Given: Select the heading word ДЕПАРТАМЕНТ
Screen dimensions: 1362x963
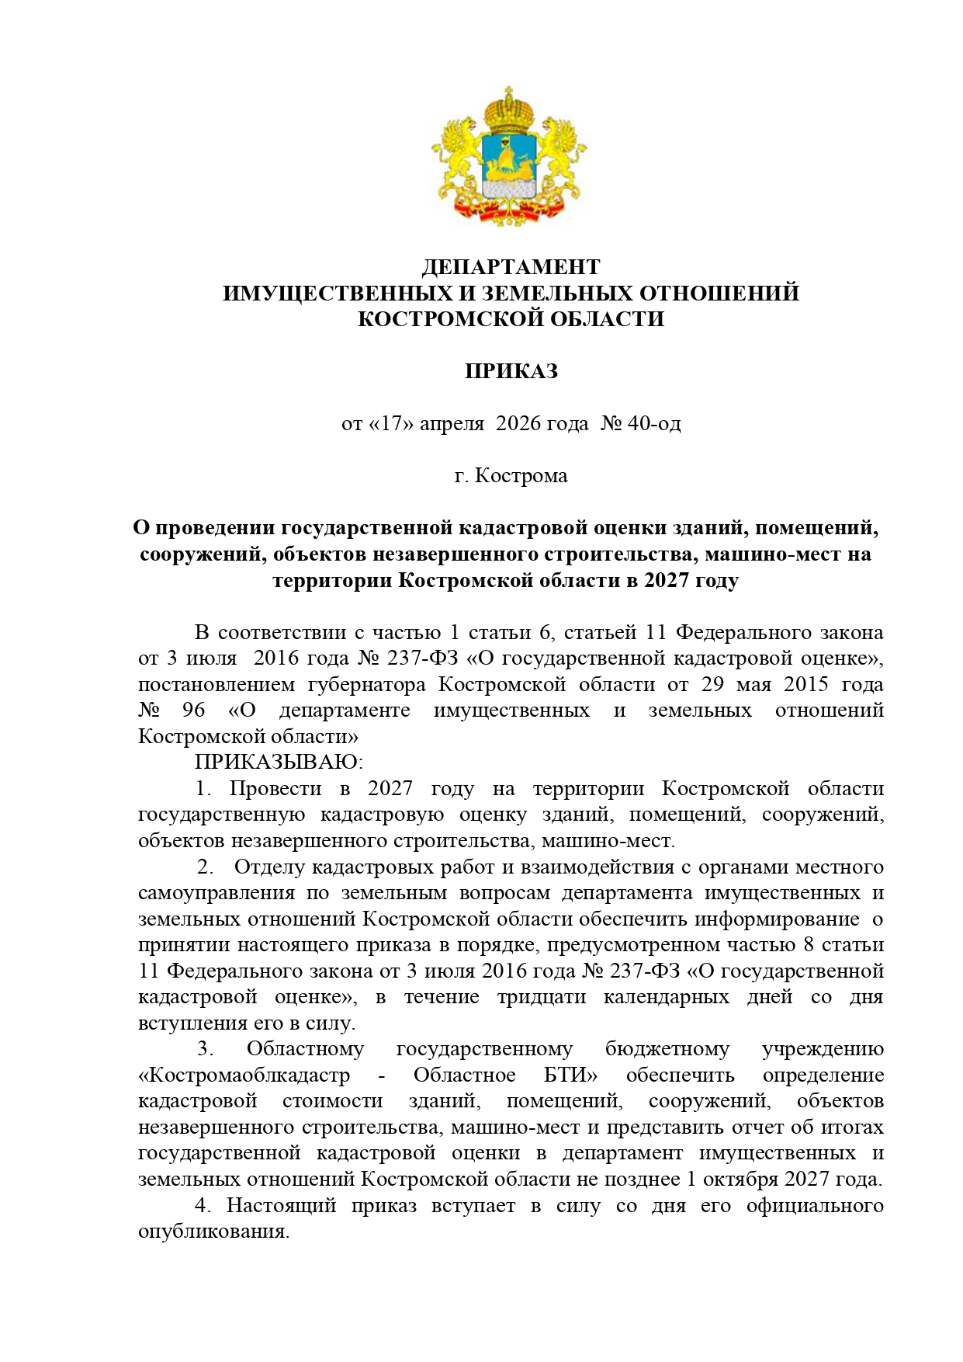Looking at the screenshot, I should pyautogui.click(x=511, y=267).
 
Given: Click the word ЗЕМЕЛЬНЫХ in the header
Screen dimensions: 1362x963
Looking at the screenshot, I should pyautogui.click(x=556, y=294).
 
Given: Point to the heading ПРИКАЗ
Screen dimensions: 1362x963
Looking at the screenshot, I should pyautogui.click(x=511, y=371).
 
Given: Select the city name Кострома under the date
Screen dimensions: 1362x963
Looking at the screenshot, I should pyautogui.click(x=521, y=475).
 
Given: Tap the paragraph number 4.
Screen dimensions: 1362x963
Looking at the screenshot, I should pyautogui.click(x=203, y=1206).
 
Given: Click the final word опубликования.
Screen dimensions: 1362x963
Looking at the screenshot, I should pyautogui.click(x=213, y=1232).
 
